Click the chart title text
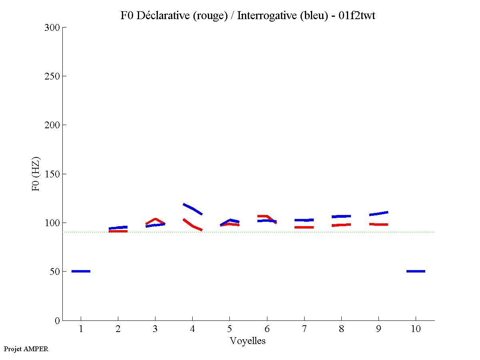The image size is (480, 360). click(248, 16)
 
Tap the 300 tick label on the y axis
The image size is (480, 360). click(52, 28)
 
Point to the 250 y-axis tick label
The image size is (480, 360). click(52, 76)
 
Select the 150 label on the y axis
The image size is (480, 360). click(52, 174)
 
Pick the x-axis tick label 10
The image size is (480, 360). click(416, 330)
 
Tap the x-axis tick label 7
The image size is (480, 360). click(304, 330)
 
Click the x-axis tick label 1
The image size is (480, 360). click(81, 330)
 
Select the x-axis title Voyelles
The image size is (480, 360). click(248, 341)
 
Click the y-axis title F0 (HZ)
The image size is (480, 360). click(36, 174)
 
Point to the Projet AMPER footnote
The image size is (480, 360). click(26, 349)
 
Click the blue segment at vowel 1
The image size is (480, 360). click(81, 271)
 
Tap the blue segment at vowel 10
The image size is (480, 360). click(416, 271)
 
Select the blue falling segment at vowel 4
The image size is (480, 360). click(193, 209)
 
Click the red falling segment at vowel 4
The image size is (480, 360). click(193, 226)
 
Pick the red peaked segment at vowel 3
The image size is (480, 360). click(155, 219)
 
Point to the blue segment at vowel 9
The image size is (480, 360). click(378, 213)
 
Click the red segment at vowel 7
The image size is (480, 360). click(304, 227)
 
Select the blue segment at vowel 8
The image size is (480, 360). click(341, 216)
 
